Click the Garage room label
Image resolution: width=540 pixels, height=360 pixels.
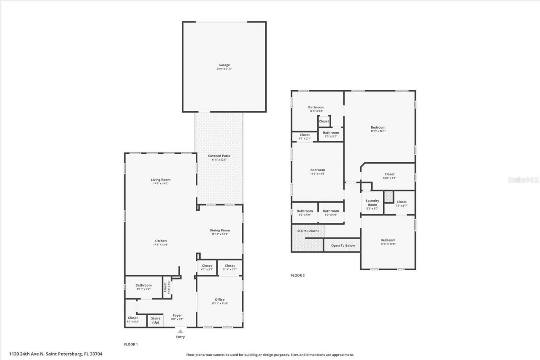(x=224, y=65)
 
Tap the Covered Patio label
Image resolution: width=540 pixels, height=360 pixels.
(x=219, y=156)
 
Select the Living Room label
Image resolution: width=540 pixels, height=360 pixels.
(x=160, y=180)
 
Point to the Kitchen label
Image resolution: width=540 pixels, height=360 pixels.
(x=160, y=241)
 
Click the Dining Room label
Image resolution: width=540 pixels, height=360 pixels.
(x=220, y=230)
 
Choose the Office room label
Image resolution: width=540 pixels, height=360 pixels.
(x=219, y=300)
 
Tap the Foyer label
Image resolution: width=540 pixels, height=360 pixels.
(x=178, y=315)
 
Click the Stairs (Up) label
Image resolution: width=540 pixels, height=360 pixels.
(x=156, y=320)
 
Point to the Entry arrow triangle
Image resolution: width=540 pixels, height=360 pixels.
(x=180, y=331)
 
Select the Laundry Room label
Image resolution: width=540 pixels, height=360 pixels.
(x=372, y=203)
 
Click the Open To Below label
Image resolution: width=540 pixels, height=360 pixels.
(x=343, y=245)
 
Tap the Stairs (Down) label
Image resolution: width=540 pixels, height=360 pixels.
(x=308, y=231)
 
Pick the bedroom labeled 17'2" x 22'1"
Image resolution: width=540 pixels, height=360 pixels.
(x=378, y=128)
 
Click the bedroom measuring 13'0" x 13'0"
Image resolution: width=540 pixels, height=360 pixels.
(x=388, y=240)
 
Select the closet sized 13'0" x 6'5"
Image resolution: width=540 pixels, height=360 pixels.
(x=389, y=175)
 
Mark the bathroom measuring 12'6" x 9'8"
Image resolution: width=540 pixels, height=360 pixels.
(x=316, y=107)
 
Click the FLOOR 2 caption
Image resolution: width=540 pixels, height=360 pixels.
(x=297, y=276)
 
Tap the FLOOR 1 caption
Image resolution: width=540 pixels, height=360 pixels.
(x=131, y=344)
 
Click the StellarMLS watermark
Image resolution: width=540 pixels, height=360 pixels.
(x=523, y=180)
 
